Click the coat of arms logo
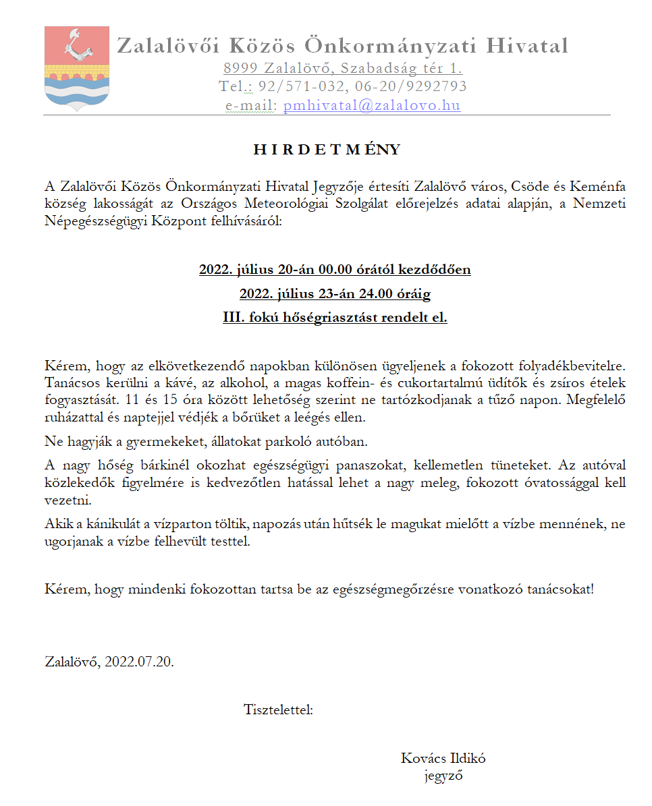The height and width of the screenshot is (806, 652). pos(67,68)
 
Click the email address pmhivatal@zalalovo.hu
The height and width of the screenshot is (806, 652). pos(372,105)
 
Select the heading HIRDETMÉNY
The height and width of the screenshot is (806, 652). pos(327,150)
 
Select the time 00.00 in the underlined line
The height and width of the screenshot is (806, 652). pos(335,270)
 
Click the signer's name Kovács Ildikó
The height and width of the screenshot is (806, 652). pos(443,757)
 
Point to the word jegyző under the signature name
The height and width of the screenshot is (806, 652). pos(443,775)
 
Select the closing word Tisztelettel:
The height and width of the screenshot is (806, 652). pos(278,709)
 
